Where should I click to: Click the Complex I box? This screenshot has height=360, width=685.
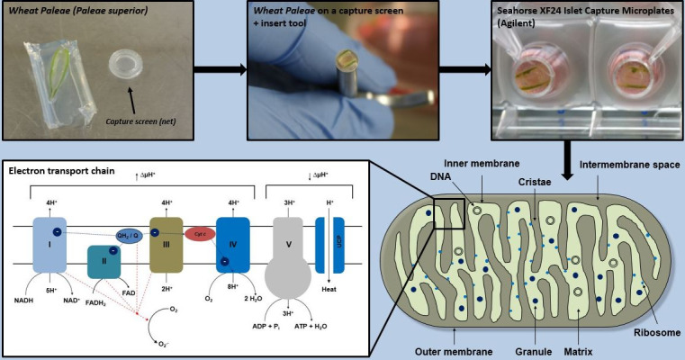pyautogui.click(x=48, y=246)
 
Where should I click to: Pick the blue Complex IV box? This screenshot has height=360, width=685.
pyautogui.click(x=232, y=244)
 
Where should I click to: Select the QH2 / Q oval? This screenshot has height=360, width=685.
pyautogui.click(x=129, y=235)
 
